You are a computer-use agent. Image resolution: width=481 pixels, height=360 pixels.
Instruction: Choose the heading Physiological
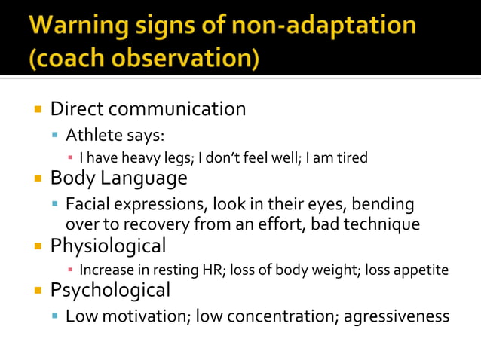[108, 246]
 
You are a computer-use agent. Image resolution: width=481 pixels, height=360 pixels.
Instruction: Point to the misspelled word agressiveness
[397, 316]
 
